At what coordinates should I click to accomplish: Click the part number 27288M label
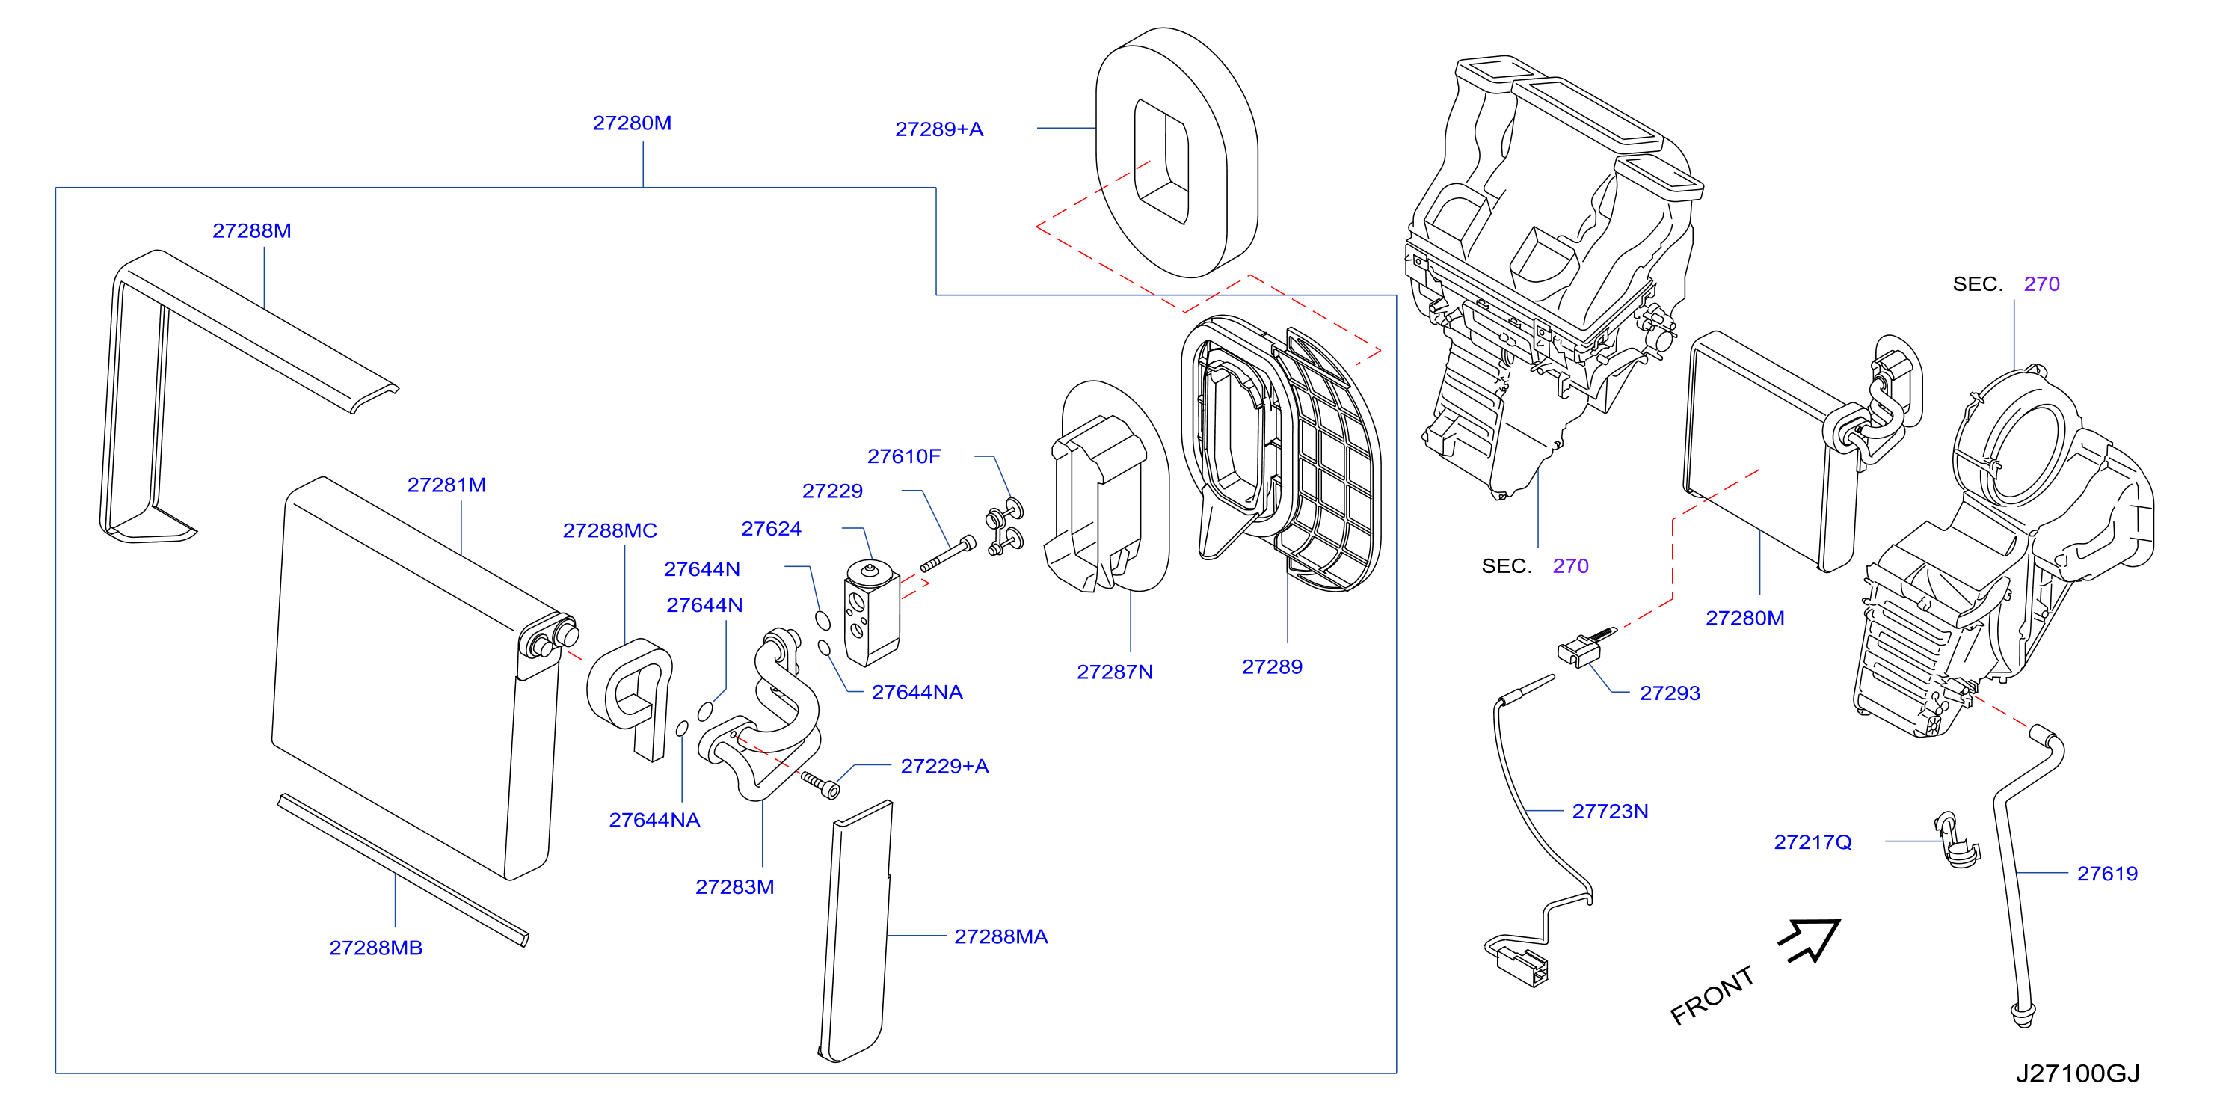pos(251,231)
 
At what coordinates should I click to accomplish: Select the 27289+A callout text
pos(939,129)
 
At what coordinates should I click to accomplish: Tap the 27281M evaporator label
pos(446,485)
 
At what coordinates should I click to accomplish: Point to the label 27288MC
pos(610,531)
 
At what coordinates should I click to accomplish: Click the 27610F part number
pos(904,456)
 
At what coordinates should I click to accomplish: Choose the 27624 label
pos(772,529)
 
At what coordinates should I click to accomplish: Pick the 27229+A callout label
pos(944,767)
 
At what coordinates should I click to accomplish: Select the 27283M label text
pos(734,887)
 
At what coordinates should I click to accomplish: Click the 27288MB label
pos(376,948)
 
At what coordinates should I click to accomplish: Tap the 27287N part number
pos(1115,672)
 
